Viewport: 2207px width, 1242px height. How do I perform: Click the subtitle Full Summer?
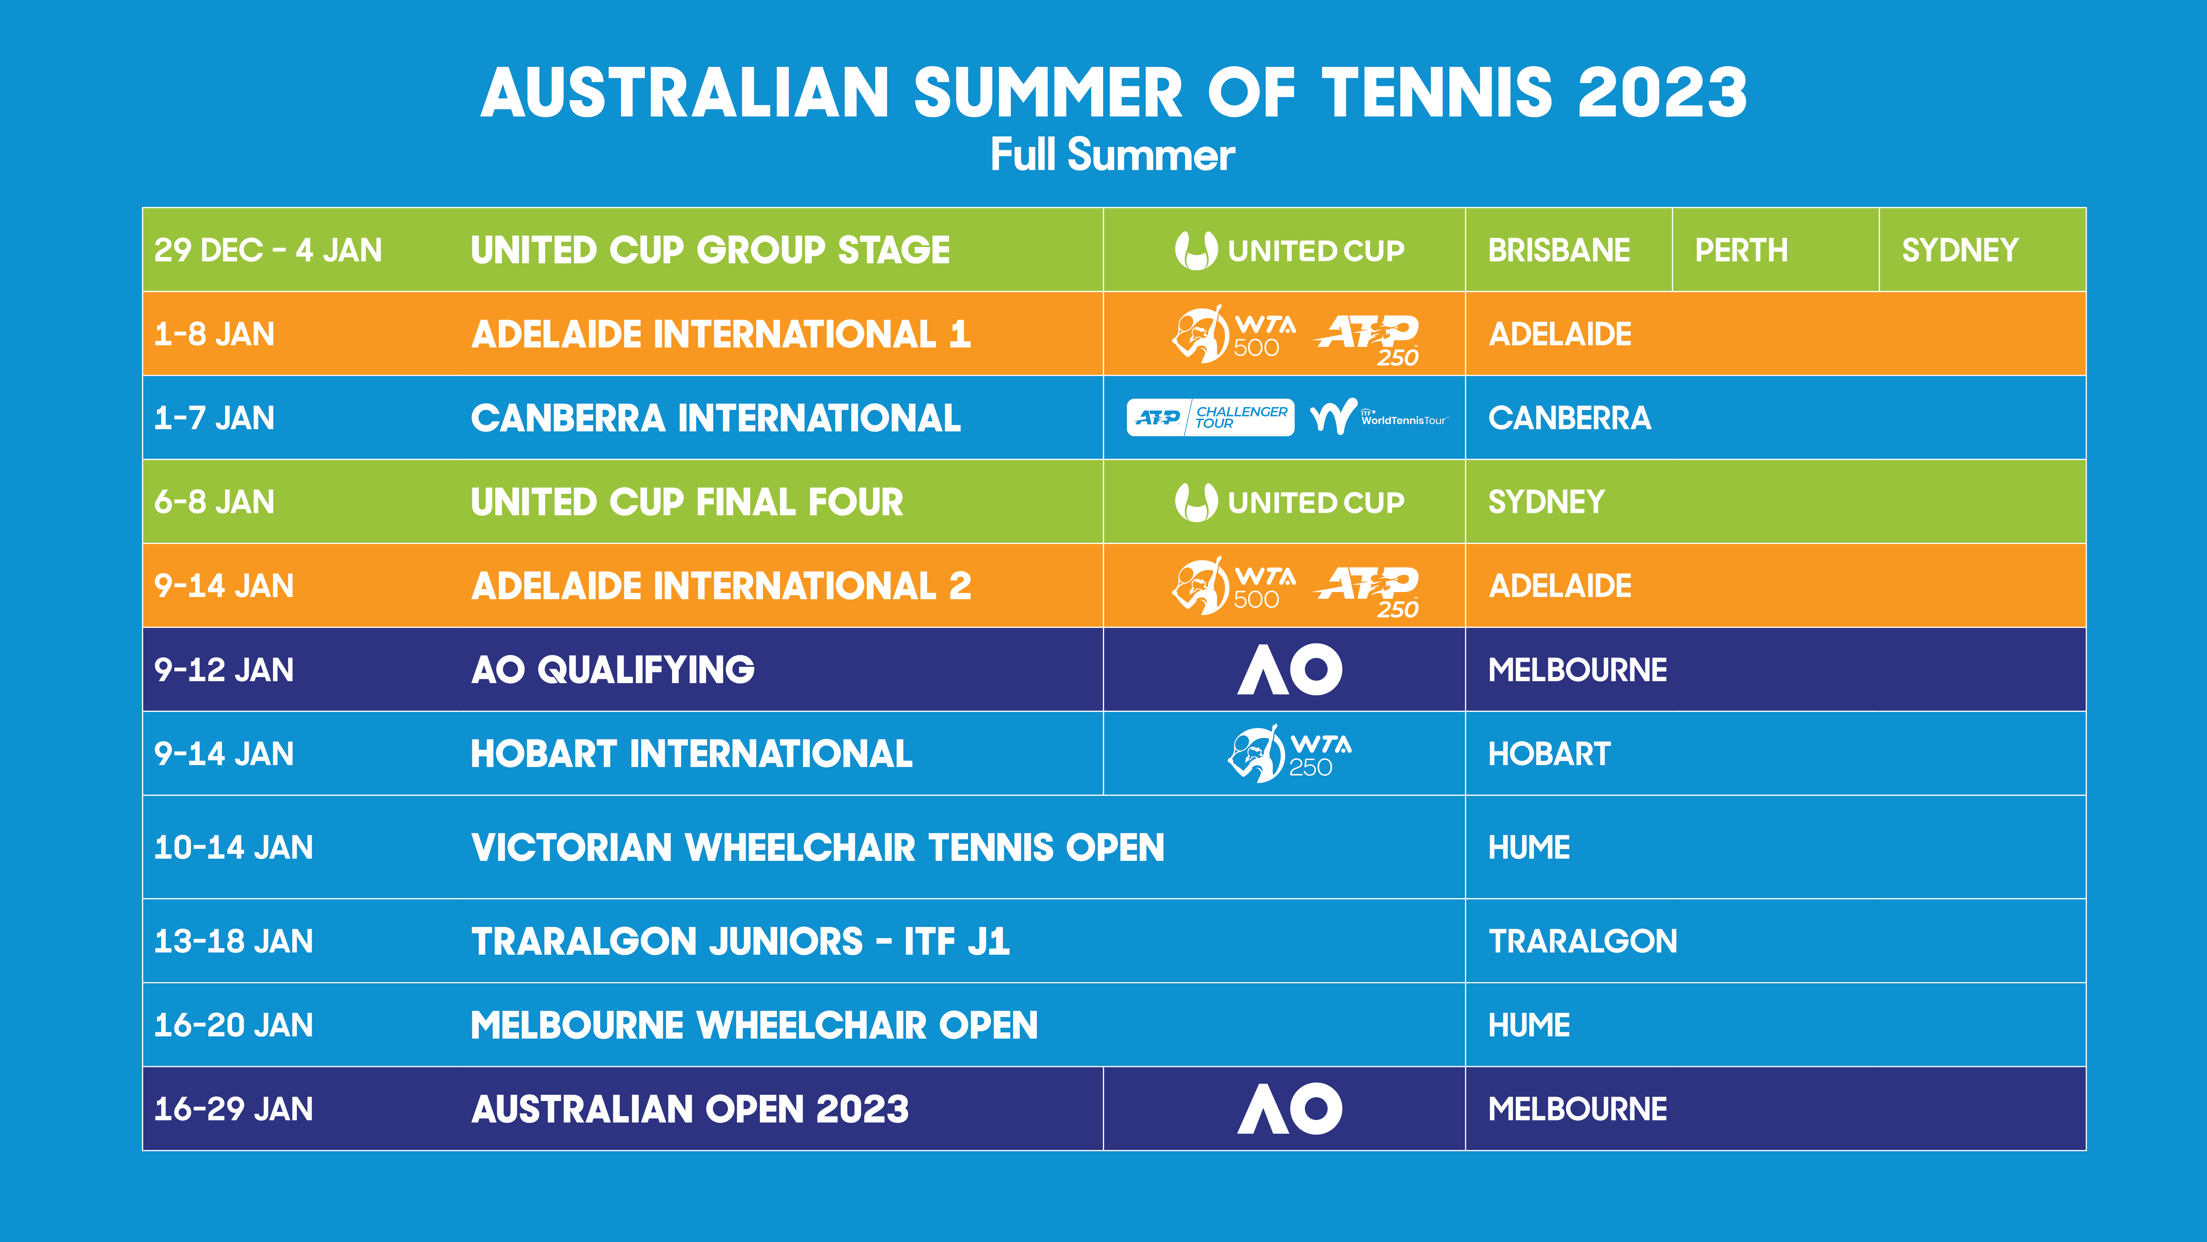[1112, 155]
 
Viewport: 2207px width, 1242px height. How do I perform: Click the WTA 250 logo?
[1289, 753]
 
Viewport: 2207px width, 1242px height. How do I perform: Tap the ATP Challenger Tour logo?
[1210, 417]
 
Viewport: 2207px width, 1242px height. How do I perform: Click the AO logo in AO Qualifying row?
[1289, 669]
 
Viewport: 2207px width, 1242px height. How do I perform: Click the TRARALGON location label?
[1582, 941]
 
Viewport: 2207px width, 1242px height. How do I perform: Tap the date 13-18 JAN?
[233, 941]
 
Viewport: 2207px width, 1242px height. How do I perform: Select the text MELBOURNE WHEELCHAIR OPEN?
[754, 1025]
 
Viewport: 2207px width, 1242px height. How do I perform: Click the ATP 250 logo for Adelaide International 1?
[1368, 339]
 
